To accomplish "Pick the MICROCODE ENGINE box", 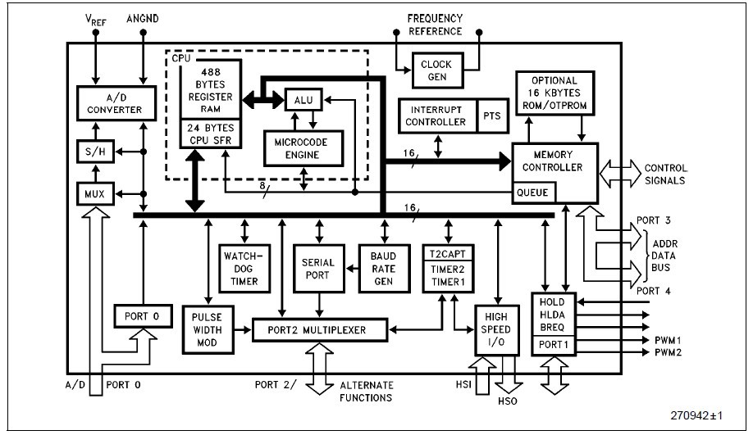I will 302,147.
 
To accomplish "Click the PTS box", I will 494,115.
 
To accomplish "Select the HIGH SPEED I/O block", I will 499,329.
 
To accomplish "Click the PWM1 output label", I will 669,339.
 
